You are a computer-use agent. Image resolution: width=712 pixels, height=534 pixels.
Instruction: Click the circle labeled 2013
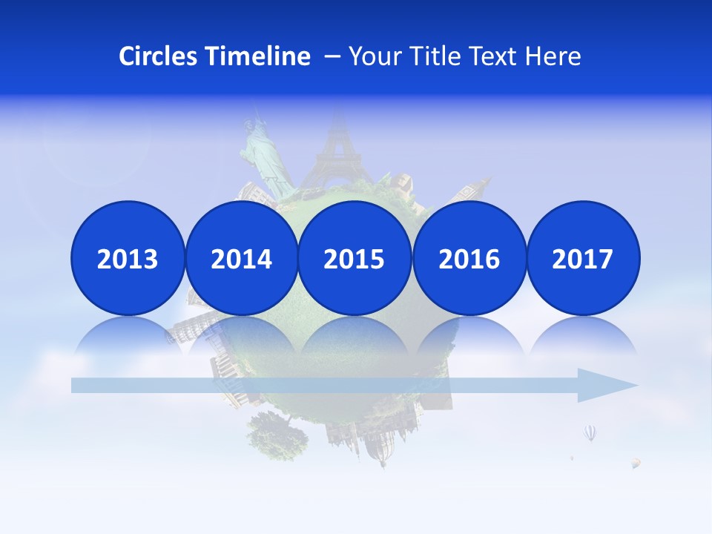128,258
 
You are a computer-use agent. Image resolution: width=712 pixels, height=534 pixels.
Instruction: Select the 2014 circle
241,258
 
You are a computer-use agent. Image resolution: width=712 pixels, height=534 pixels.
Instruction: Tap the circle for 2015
354,258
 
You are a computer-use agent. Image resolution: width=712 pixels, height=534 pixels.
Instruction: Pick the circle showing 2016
469,258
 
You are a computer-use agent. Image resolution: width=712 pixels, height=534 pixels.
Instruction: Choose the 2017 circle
582,258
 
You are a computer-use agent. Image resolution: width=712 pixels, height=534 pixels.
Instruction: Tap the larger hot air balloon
590,432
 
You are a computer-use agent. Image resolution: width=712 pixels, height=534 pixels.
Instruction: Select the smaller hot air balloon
636,463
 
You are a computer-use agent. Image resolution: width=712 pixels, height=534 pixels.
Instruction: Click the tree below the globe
277,433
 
